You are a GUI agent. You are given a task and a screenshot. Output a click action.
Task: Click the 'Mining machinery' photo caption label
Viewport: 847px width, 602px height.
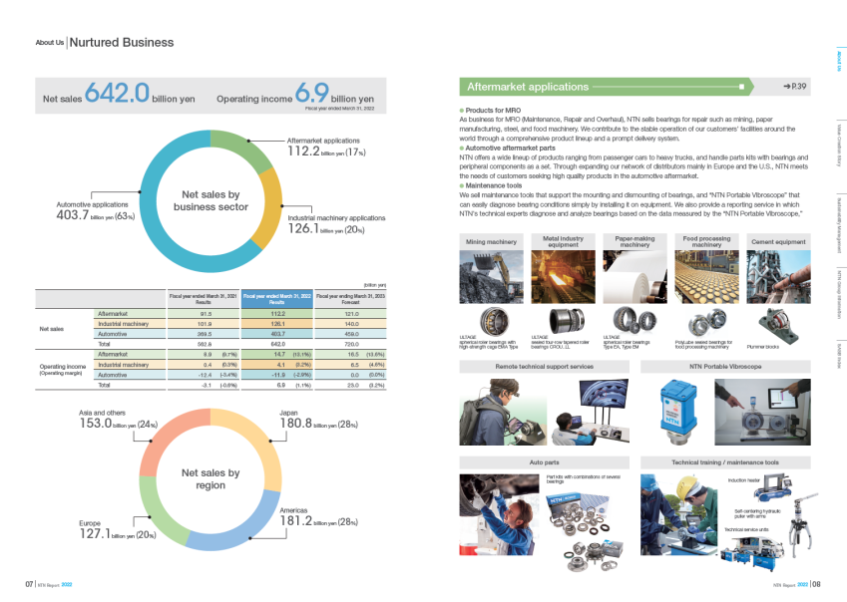491,242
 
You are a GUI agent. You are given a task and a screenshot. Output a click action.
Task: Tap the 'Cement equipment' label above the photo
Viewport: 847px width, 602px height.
777,242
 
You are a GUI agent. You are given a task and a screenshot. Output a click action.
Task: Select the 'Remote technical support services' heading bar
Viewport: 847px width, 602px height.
544,367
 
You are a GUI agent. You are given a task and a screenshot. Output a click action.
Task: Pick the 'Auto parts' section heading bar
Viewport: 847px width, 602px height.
544,462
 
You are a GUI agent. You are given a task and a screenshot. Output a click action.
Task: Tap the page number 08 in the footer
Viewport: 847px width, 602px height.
815,585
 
